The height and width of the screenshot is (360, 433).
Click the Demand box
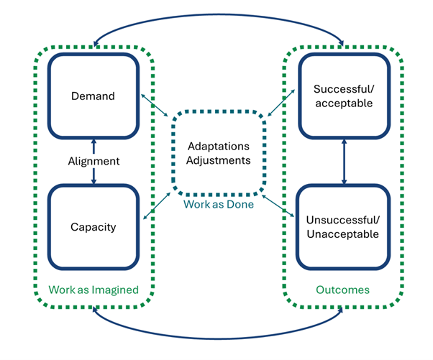[94, 95]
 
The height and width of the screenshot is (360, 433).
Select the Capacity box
[94, 227]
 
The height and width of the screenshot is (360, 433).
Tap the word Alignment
[94, 162]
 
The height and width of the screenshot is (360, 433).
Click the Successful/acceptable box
[344, 95]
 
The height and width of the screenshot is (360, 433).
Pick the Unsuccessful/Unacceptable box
[344, 227]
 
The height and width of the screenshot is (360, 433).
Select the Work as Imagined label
[93, 290]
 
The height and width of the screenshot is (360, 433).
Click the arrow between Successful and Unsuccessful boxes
[344, 161]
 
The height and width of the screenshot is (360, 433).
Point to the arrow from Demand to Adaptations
[154, 105]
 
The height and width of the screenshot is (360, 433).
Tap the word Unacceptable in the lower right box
[344, 234]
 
